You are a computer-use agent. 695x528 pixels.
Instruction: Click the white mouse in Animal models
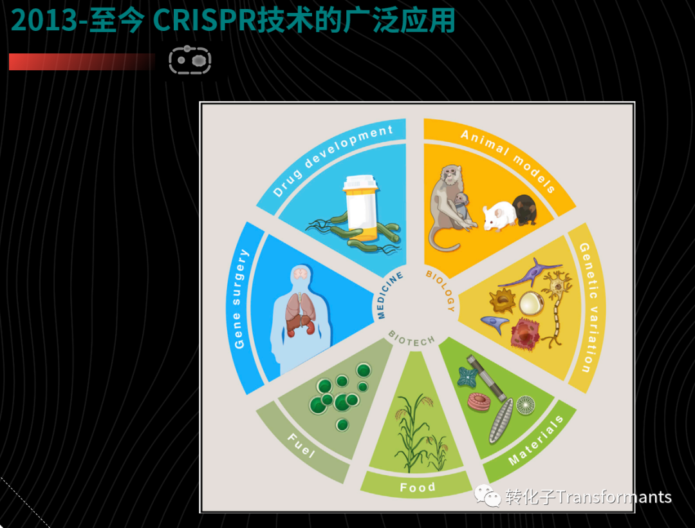[499, 216]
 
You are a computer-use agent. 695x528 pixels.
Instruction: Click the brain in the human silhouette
[301, 274]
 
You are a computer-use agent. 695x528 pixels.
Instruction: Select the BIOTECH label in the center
[412, 338]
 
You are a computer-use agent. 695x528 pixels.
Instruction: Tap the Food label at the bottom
[418, 487]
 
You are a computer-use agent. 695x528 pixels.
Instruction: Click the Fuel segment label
[302, 446]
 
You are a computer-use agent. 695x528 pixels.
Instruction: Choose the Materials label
[536, 440]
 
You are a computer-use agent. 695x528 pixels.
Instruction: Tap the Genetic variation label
[588, 308]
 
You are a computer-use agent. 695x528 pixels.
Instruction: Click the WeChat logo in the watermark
[488, 496]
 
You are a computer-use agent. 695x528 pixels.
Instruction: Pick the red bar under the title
[82, 62]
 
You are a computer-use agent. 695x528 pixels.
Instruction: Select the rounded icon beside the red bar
[190, 60]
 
